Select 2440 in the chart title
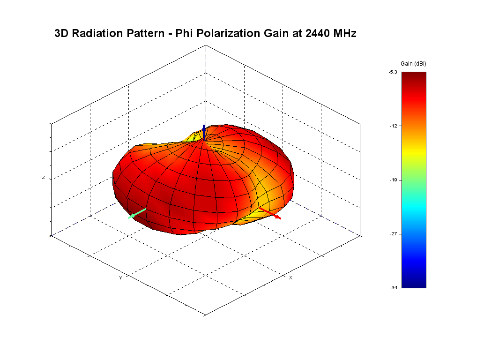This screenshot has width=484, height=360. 311,33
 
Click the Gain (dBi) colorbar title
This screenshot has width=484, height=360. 413,63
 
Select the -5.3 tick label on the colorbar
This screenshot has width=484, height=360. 393,72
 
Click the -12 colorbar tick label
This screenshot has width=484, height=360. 394,126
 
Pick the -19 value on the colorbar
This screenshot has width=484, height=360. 394,180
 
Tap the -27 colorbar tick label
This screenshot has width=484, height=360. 394,233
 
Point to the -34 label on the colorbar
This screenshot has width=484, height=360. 393,287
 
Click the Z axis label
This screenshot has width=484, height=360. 44,178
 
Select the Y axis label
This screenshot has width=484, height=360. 120,278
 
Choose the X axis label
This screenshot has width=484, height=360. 290,278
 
